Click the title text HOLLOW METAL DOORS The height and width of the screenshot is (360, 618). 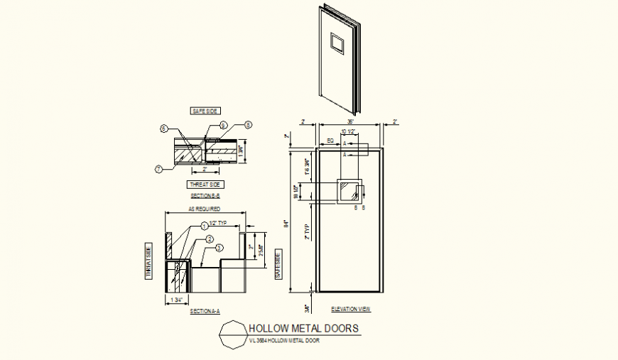point(303,328)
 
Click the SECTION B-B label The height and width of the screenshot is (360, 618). point(204,195)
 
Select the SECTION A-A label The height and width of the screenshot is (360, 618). point(204,311)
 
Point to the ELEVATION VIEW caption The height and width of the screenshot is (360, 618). point(352,310)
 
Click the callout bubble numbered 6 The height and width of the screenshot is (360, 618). point(163,129)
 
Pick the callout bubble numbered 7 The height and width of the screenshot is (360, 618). point(158,168)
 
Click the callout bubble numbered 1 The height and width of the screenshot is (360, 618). point(203,225)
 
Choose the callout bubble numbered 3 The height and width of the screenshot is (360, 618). point(219,248)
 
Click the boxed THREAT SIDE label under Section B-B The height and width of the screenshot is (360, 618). point(204,184)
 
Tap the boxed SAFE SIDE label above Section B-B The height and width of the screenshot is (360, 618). point(205,111)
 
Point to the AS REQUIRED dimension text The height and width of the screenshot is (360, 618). point(204,209)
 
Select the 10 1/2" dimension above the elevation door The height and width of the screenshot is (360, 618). point(348,132)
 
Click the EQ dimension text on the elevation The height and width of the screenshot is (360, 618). point(330,140)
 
